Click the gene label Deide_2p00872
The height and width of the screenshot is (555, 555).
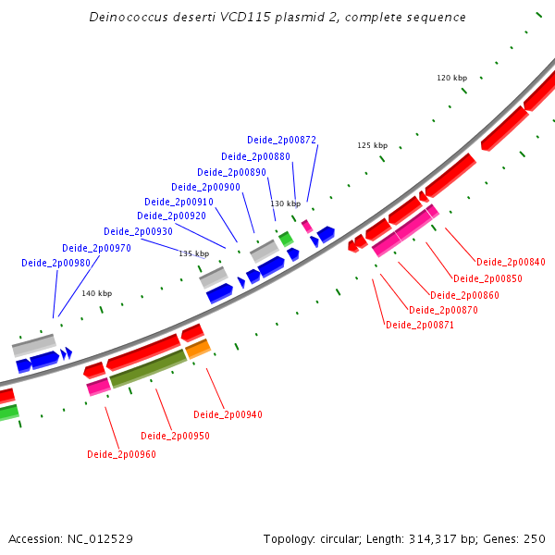(281, 141)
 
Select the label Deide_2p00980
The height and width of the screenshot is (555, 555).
(55, 264)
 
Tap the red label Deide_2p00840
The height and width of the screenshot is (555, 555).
(511, 262)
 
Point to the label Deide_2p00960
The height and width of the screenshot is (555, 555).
(121, 454)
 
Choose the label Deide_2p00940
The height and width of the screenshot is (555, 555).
(228, 414)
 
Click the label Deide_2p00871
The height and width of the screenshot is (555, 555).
(420, 325)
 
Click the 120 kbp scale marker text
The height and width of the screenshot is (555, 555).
(452, 78)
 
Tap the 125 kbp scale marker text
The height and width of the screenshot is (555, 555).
(373, 145)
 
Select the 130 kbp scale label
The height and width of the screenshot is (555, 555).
(285, 203)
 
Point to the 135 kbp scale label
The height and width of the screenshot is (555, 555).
(194, 253)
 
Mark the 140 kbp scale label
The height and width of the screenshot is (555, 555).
(96, 293)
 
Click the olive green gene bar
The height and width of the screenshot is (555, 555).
(149, 369)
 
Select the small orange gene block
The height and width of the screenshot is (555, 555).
(198, 349)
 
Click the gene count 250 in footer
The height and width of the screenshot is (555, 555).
(535, 538)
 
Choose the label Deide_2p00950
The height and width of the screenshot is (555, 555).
(175, 436)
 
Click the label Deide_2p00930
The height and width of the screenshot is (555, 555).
(138, 231)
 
